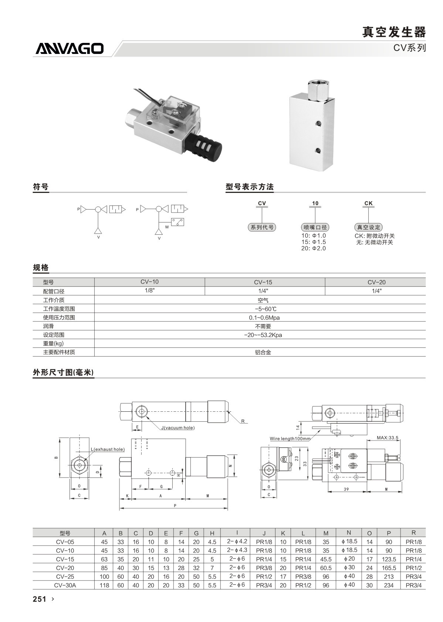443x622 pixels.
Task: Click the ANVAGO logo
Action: click(x=70, y=48)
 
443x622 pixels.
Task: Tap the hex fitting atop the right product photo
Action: click(x=318, y=91)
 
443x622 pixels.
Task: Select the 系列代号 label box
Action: click(x=262, y=227)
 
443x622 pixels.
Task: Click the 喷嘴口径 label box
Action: click(x=315, y=227)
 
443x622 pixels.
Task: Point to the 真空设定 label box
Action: click(x=368, y=227)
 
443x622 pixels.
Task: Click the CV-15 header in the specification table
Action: click(x=263, y=282)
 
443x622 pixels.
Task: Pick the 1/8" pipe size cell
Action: click(x=149, y=291)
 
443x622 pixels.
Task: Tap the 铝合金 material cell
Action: click(x=263, y=352)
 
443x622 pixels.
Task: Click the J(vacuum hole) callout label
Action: click(x=178, y=428)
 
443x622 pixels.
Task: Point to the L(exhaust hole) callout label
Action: click(x=108, y=449)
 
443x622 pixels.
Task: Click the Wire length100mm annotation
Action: click(x=290, y=439)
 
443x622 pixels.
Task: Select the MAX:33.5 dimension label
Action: click(x=388, y=438)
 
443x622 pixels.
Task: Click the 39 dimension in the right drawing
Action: click(x=346, y=489)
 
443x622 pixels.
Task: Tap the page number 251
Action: click(x=40, y=599)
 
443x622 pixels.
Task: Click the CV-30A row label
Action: click(x=65, y=585)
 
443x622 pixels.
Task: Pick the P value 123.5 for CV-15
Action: click(x=389, y=559)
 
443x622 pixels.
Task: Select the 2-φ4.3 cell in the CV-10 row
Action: click(x=237, y=550)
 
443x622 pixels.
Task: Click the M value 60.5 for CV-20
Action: click(x=326, y=568)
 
